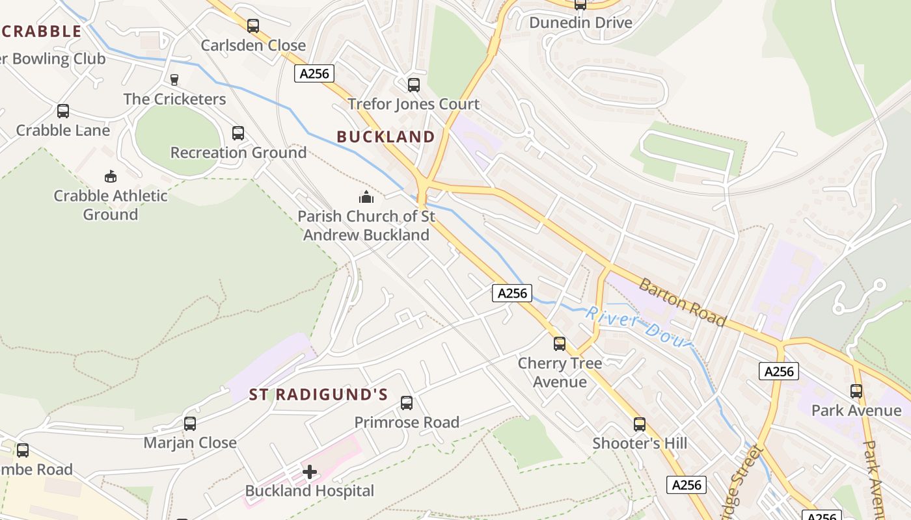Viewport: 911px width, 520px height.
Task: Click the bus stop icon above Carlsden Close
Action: click(x=253, y=26)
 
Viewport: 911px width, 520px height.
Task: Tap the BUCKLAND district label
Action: click(x=386, y=136)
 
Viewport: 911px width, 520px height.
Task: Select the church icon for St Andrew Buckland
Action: click(x=366, y=196)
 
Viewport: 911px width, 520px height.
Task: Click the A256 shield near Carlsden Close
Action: click(x=314, y=73)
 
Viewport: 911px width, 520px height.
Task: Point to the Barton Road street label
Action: click(x=682, y=302)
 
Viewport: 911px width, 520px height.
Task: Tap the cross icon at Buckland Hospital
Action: click(x=310, y=471)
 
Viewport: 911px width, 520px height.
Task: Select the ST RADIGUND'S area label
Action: click(x=318, y=395)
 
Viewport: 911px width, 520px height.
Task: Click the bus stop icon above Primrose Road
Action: click(x=407, y=403)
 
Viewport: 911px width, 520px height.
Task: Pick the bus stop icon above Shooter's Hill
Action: click(x=640, y=424)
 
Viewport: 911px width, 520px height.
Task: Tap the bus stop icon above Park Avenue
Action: click(x=856, y=391)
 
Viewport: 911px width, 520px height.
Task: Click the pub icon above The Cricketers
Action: click(x=174, y=80)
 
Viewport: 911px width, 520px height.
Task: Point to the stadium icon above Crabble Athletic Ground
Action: click(x=111, y=176)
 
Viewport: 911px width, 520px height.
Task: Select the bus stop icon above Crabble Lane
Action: click(x=63, y=111)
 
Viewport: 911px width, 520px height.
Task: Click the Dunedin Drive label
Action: click(x=580, y=23)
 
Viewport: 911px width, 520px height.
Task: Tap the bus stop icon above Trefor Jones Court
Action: click(x=413, y=85)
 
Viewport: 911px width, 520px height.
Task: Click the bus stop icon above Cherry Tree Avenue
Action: click(x=560, y=344)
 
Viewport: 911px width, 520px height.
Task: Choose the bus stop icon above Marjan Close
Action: click(x=190, y=424)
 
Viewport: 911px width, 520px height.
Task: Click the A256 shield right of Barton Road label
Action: click(x=778, y=371)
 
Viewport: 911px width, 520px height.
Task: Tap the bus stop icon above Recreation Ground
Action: click(x=238, y=133)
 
